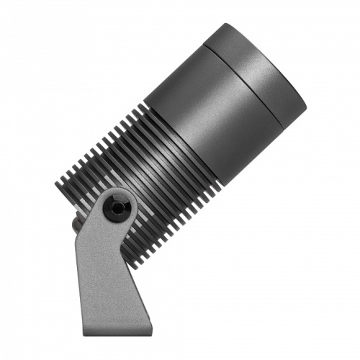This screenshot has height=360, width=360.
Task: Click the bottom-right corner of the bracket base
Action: click(152, 333)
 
